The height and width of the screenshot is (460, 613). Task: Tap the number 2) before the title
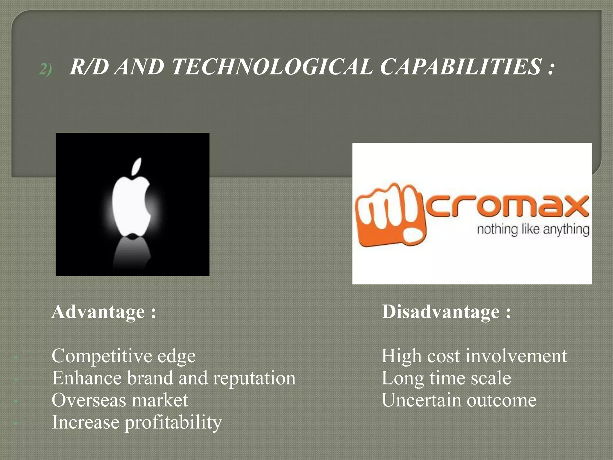[x=45, y=69]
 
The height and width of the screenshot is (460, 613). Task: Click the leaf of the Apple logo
[x=137, y=167]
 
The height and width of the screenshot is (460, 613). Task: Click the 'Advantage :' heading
[x=104, y=312]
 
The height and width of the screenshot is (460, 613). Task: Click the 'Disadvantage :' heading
[x=446, y=312]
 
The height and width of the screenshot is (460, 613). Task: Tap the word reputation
[x=254, y=379]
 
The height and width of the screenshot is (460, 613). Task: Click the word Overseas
[x=89, y=400]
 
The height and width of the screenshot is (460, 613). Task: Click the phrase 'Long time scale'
[x=446, y=378]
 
